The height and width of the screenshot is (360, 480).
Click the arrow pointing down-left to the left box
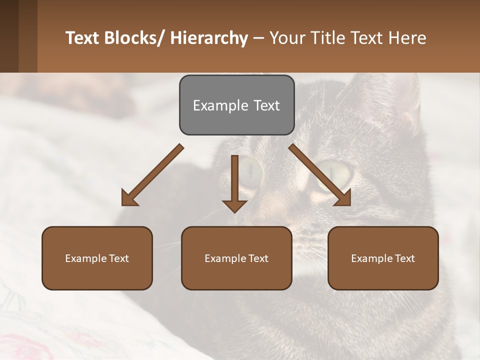point(152,175)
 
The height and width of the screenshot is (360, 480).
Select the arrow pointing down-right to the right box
point(320,175)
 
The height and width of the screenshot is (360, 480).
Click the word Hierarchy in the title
point(209,38)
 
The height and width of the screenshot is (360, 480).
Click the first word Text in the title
point(83,38)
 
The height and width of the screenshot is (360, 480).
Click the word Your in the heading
point(286,38)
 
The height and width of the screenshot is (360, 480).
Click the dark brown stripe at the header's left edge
point(9,36)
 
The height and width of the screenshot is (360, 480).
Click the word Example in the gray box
point(214,105)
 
